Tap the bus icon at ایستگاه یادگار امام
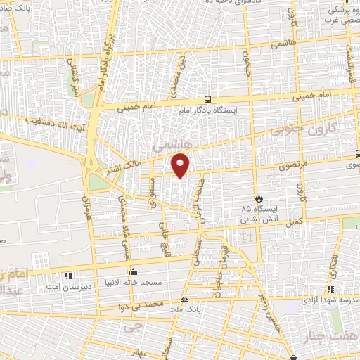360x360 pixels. point(207,100)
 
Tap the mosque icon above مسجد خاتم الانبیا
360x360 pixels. point(133,271)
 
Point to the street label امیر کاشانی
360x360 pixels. point(73,79)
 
